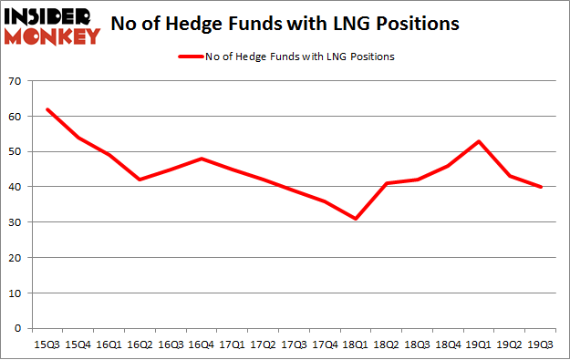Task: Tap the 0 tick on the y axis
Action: click(x=18, y=328)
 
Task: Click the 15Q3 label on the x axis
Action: click(x=47, y=344)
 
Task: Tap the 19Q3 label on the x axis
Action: click(x=542, y=344)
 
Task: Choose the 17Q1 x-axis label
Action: click(x=233, y=344)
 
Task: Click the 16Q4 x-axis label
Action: click(x=202, y=344)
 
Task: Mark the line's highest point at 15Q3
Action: click(x=47, y=109)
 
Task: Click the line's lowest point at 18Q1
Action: click(x=356, y=219)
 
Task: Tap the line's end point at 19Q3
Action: click(x=542, y=187)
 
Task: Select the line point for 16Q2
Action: click(x=140, y=180)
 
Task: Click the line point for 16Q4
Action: click(x=202, y=159)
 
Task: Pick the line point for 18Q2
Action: click(x=387, y=183)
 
